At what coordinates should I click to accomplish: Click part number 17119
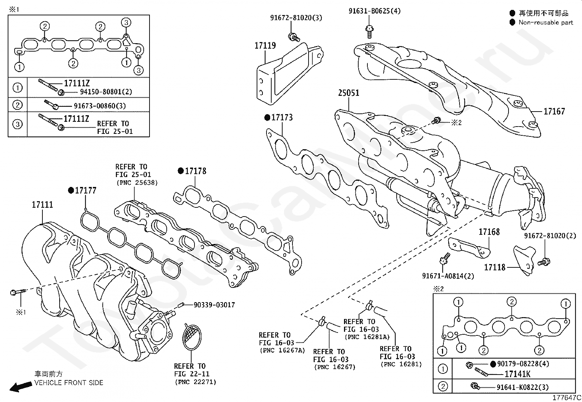tap(265, 46)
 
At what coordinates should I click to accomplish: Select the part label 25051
tap(348, 93)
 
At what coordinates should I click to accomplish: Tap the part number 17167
tap(554, 112)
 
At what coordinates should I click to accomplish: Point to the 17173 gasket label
tap(282, 117)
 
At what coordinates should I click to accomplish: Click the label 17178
tap(195, 171)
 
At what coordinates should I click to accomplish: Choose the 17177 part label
tap(86, 191)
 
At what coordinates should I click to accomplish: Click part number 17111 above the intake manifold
tap(42, 205)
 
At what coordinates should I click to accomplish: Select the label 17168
tap(489, 232)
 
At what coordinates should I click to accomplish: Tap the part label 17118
tap(495, 267)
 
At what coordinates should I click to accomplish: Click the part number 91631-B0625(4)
tap(374, 11)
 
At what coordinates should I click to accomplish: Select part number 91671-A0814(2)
tap(448, 276)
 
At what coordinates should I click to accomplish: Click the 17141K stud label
tap(517, 374)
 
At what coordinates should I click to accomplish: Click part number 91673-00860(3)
tap(100, 106)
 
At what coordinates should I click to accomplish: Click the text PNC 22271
tap(195, 382)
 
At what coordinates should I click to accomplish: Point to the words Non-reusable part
tap(546, 23)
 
